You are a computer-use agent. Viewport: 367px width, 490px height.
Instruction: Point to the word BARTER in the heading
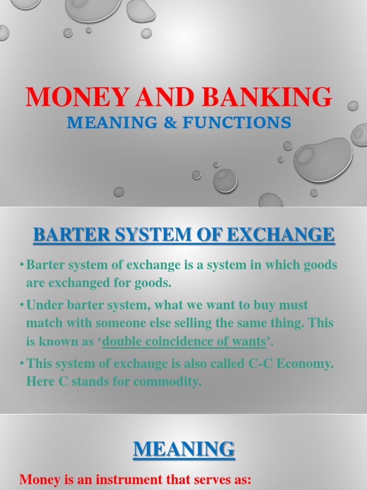[62, 235]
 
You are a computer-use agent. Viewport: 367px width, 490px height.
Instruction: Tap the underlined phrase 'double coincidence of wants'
[184, 342]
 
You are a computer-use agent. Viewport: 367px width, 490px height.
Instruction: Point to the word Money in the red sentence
[36, 480]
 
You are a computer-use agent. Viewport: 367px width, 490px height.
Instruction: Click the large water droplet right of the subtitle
[323, 159]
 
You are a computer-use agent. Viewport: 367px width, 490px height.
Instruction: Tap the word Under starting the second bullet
[42, 305]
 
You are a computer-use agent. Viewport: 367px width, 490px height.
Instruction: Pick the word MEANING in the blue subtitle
[111, 123]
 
